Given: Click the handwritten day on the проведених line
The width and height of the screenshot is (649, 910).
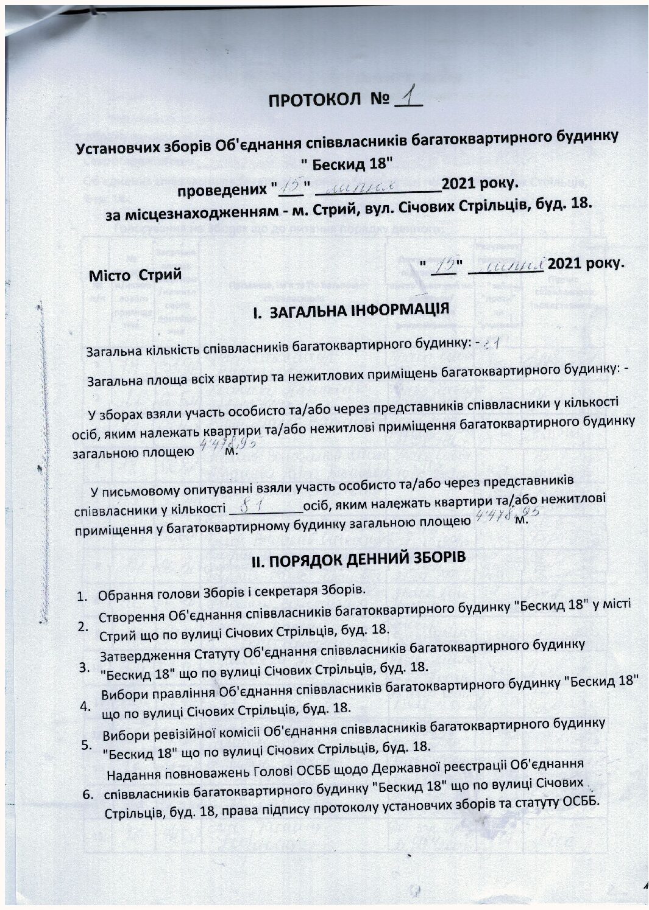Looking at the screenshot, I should click(291, 184).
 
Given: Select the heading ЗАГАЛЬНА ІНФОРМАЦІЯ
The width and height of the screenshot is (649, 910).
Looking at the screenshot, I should click(359, 310).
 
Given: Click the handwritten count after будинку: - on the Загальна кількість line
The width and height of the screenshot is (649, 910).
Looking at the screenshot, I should click(492, 345).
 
